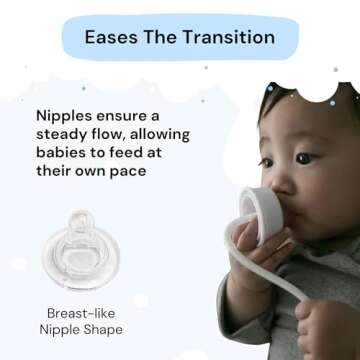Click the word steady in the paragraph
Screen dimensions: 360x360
tap(72, 136)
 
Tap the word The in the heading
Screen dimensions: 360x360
tap(166, 38)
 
